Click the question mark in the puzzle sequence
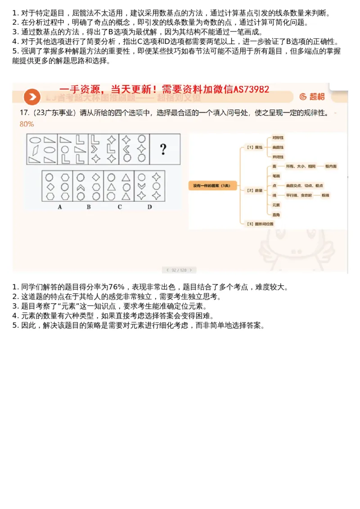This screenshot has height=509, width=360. [163, 149]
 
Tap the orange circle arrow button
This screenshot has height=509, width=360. [32, 97]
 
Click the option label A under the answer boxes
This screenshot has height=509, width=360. [60, 207]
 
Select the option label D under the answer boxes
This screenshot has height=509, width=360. [149, 207]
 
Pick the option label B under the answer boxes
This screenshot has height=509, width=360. [89, 207]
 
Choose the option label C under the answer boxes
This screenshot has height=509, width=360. [119, 207]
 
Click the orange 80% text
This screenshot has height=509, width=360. [27, 124]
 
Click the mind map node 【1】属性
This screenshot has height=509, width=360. [255, 147]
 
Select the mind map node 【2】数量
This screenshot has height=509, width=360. [255, 190]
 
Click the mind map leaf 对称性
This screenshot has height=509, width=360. [278, 138]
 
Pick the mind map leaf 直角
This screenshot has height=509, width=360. [276, 215]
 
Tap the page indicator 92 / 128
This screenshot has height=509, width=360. [179, 270]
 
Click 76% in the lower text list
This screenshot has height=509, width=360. [117, 287]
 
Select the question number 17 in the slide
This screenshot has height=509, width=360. [24, 113]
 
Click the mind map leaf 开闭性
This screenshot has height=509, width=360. [278, 156]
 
